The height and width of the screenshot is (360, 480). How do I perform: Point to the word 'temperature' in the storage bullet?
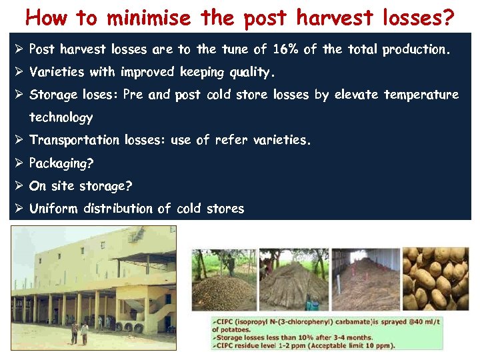pyautogui.click(x=421, y=95)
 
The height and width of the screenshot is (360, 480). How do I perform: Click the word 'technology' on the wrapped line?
pyautogui.click(x=61, y=118)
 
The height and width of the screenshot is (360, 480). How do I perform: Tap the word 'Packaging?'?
pyautogui.click(x=61, y=163)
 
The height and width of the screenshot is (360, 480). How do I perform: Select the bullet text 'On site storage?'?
pyautogui.click(x=81, y=186)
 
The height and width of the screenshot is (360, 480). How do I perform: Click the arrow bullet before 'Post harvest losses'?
pyautogui.click(x=19, y=49)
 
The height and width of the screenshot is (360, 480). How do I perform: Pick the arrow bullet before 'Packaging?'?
pyautogui.click(x=19, y=163)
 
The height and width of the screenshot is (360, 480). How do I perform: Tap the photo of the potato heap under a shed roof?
pyautogui.click(x=367, y=279)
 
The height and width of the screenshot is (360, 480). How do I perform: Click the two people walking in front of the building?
pyautogui.click(x=79, y=332)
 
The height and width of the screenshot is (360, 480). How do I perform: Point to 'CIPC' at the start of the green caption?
pyautogui.click(x=224, y=321)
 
